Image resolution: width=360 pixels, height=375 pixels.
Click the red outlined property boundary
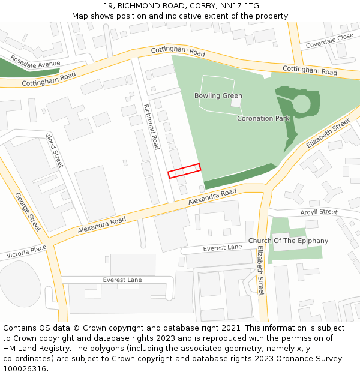[x=184, y=171]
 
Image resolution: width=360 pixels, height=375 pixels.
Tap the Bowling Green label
[x=218, y=96]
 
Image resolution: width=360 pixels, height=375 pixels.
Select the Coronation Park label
[x=263, y=119]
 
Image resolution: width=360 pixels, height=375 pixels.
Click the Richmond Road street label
[x=151, y=127]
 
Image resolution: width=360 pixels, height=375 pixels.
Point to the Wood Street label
[x=54, y=151]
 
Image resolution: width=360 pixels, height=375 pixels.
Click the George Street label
[x=28, y=212]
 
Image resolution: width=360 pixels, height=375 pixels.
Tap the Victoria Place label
[x=26, y=251]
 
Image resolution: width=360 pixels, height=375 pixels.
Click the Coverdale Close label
[x=329, y=41]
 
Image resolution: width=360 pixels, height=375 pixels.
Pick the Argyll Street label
[x=319, y=212]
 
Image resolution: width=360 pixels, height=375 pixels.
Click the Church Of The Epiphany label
[x=293, y=241]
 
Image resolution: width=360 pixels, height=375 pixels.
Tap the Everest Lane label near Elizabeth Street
[x=223, y=247]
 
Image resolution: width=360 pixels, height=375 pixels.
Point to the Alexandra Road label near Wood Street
[x=102, y=226]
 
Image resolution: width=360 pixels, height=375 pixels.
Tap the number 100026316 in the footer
[x=25, y=368]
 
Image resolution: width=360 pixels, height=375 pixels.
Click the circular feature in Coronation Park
[x=301, y=104]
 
